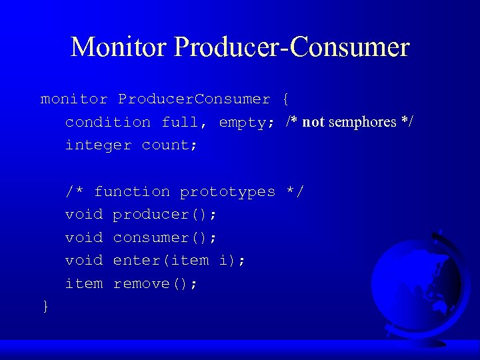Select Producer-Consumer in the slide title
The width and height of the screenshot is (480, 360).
pyautogui.click(x=291, y=47)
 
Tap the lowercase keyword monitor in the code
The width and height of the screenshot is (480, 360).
pyautogui.click(x=74, y=99)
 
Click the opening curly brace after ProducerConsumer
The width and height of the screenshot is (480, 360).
pyautogui.click(x=285, y=99)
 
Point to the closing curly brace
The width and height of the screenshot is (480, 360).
pyautogui.click(x=45, y=306)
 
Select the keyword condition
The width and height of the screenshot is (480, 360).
pyautogui.click(x=108, y=123)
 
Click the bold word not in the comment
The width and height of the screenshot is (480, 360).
pyautogui.click(x=313, y=122)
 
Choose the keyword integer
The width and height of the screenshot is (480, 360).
pyautogui.click(x=98, y=145)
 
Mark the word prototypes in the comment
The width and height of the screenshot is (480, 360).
pyautogui.click(x=227, y=192)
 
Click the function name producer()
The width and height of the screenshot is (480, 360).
pyautogui.click(x=165, y=215)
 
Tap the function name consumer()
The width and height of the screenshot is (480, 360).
pyautogui.click(x=165, y=238)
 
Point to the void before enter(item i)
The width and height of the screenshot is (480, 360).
pyautogui.click(x=84, y=261)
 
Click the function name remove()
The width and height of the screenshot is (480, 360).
pyautogui.click(x=155, y=284)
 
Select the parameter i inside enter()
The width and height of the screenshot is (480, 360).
pyautogui.click(x=223, y=261)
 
